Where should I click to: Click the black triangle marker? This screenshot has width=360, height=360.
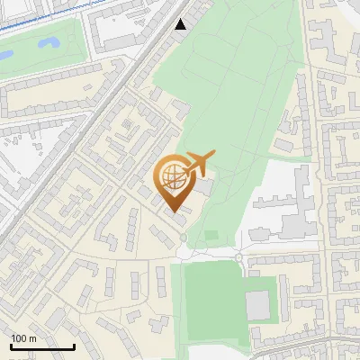[181, 23]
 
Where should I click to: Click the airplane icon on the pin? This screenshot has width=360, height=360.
[199, 163]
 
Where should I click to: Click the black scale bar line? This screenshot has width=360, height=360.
[42, 347]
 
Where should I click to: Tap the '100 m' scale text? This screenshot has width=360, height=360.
[23, 338]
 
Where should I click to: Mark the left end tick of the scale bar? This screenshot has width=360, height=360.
[11, 346]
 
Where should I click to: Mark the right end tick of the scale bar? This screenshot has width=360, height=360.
[74, 346]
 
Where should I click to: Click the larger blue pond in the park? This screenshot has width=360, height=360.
[49, 41]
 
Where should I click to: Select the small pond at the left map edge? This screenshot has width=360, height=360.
[4, 56]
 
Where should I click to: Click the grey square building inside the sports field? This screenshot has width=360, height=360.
[258, 305]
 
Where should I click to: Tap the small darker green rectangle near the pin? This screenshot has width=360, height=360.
[211, 235]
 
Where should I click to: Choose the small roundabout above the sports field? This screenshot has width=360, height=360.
[239, 258]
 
